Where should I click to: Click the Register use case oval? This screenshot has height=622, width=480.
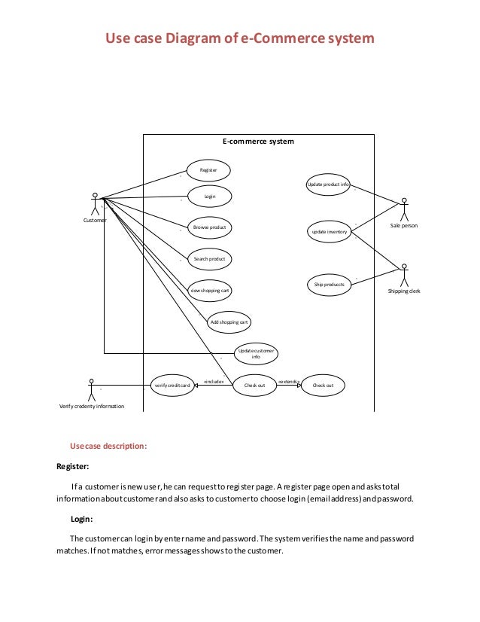(208, 171)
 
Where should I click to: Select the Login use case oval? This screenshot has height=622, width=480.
(210, 196)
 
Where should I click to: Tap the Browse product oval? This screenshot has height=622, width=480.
(209, 227)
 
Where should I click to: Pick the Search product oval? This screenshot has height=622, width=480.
(209, 258)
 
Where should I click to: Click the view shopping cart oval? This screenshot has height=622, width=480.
(210, 290)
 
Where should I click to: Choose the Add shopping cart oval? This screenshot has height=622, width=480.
(229, 322)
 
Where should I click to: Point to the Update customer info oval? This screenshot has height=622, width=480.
(256, 352)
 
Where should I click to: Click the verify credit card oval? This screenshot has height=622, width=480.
(172, 385)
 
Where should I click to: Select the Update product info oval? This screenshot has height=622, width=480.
(328, 184)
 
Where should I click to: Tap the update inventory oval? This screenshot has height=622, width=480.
(329, 232)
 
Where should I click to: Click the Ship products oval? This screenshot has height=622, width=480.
(329, 285)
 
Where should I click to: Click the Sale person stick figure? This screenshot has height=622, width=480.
(404, 209)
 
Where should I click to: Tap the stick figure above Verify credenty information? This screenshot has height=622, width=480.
(91, 388)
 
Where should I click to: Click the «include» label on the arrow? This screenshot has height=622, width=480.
(214, 382)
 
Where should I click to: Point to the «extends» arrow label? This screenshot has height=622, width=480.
(289, 382)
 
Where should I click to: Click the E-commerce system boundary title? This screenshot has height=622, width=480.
(258, 142)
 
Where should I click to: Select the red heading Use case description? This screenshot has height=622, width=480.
(108, 446)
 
